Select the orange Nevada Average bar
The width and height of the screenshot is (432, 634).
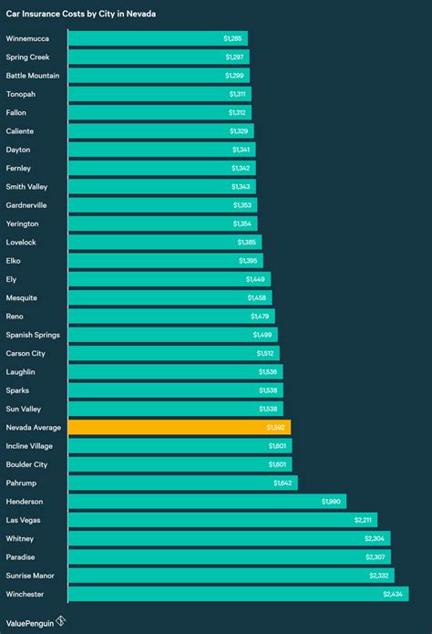coord(179,427)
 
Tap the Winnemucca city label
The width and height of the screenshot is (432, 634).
coord(29,38)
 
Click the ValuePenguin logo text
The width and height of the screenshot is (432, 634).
coord(28,620)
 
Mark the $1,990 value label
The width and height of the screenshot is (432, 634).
coord(332,501)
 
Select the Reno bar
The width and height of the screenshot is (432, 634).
coord(170,316)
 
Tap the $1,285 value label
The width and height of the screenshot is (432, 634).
coord(233,38)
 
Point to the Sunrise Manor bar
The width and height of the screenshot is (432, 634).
coord(231,576)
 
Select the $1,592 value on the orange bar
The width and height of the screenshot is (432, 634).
coord(276,427)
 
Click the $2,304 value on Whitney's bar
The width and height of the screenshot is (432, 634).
coord(375,538)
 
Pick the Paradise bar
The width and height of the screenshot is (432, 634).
coord(230,556)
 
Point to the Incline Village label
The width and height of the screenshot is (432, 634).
coord(32,445)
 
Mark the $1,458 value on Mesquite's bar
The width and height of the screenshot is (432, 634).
coord(257,297)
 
